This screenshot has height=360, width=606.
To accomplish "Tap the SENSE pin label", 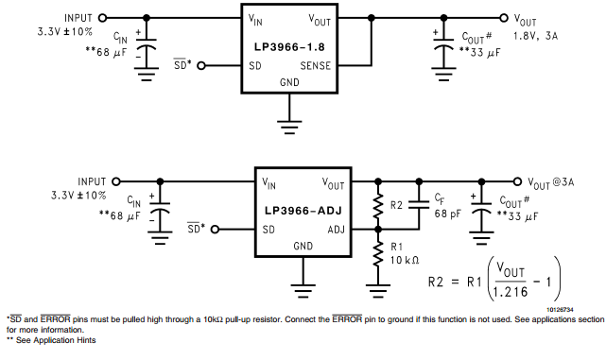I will pos(316,66).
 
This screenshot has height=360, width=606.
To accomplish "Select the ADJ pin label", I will pos(337,230).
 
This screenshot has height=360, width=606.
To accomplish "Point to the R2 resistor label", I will pos(397,204).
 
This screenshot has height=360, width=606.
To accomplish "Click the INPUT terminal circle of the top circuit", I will pos(102,17).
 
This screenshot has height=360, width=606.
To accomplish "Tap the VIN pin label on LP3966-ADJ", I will pos(269,183).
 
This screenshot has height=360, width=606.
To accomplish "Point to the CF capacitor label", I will pos(441,198).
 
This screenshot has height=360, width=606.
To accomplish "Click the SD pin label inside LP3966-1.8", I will pos(255,66).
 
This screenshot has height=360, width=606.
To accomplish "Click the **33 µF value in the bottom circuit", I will pos(516,216).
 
